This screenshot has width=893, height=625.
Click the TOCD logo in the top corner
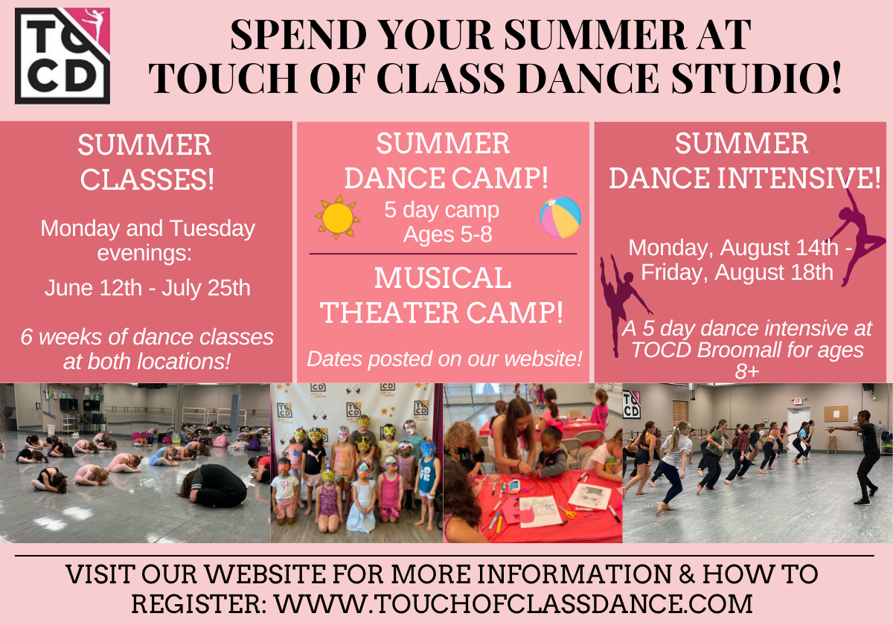pos(63,56)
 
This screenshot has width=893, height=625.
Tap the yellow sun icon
pos(337,217)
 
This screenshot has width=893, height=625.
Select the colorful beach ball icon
pos(560,217)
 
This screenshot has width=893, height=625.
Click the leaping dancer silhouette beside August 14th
pos(857,237)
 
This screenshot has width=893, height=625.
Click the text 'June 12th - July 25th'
pos(147,288)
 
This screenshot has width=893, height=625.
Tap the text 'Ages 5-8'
pos(447,234)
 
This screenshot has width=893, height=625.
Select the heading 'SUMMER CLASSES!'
pos(146,162)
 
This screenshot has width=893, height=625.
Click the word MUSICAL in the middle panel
pos(443,278)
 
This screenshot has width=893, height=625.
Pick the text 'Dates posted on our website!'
pos(444,359)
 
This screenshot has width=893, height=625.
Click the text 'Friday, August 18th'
pos(737,272)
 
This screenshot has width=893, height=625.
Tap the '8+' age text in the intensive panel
pos(747,371)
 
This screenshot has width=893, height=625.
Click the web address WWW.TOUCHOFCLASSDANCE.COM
pos(513,603)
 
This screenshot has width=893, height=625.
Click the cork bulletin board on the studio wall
pos(836,414)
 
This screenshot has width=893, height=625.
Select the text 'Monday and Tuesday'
pos(147,228)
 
